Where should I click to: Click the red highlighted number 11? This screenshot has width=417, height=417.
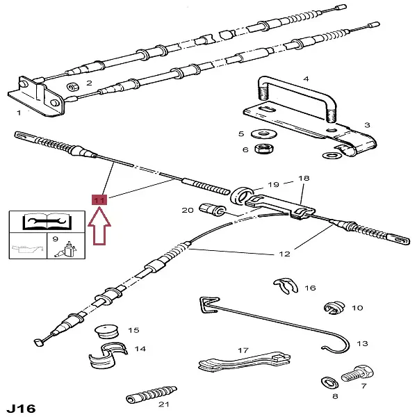(99, 200)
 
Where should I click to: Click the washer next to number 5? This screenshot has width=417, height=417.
(265, 133)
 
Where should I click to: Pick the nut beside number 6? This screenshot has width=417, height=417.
(264, 149)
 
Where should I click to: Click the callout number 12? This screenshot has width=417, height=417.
(284, 254)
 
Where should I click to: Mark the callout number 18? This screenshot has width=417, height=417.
(303, 178)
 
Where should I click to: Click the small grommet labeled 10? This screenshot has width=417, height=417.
(334, 307)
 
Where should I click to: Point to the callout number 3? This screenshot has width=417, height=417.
(366, 125)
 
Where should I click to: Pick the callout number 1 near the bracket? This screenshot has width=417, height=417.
(19, 113)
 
